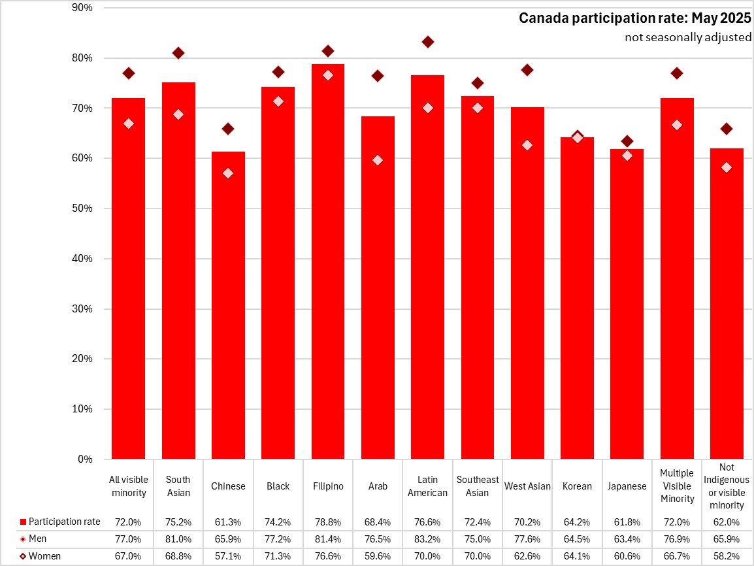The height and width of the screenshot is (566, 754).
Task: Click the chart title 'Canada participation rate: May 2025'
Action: pos(634,18)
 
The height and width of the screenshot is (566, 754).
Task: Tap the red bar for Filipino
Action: pos(328,261)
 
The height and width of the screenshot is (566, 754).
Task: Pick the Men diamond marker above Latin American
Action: pos(428,42)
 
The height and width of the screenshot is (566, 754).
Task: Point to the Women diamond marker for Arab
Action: pos(378,160)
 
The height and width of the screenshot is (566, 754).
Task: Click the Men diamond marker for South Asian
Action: pos(178,53)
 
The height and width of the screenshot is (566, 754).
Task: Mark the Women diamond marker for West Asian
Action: pos(527,145)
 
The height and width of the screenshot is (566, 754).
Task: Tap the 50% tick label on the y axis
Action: pos(82,208)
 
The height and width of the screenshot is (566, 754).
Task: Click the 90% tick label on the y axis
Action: pos(82,8)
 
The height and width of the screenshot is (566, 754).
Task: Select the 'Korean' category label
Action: pos(577,486)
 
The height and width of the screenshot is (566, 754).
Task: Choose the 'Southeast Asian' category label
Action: pos(478,486)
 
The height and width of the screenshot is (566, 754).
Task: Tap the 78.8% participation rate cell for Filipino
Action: pos(328,522)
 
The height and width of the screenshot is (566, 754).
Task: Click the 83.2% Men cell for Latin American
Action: pos(428,539)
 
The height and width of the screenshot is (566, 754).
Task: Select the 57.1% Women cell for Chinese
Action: pos(228,556)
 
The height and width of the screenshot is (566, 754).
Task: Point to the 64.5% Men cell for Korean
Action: pos(577,539)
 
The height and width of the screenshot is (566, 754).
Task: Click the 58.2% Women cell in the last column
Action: pos(727,556)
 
